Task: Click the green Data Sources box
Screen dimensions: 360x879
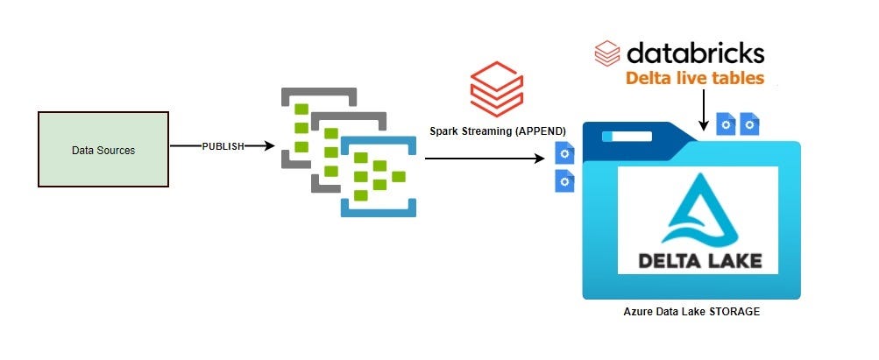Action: tap(103, 149)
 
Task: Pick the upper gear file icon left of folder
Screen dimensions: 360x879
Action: tap(565, 156)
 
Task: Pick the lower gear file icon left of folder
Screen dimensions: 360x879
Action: tap(565, 181)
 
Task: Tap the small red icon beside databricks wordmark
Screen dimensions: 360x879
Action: tap(606, 53)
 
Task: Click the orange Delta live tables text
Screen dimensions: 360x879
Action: tap(694, 79)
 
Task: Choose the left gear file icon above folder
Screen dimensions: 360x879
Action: tap(726, 124)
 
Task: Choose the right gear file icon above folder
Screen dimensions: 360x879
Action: tap(749, 124)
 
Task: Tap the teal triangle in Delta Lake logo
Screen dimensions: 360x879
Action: tap(698, 210)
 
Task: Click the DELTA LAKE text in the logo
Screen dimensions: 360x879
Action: tap(698, 260)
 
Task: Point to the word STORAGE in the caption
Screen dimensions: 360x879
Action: tap(732, 310)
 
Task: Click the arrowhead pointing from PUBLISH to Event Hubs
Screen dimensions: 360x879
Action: tap(263, 146)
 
